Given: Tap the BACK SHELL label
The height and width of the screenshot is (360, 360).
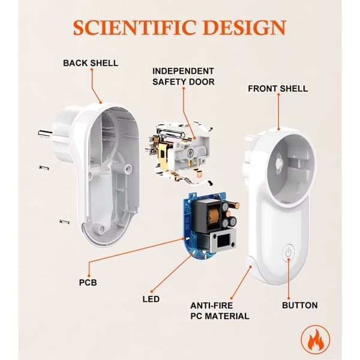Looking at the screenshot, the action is tap(91, 63).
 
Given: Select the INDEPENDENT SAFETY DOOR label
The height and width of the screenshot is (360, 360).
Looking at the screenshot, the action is tap(183, 76).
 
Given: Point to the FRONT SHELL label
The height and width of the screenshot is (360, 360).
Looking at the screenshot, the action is tap(278, 89).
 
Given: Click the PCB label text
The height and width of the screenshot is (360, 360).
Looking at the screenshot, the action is tap(88, 283).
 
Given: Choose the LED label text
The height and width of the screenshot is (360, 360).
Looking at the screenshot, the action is tap(151, 299).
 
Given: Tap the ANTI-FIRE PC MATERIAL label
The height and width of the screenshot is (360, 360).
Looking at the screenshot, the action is tap(220, 311).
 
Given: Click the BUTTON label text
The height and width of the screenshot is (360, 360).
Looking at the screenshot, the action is tap(300, 305).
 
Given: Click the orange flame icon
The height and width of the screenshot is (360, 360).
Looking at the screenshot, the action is tap(316, 340).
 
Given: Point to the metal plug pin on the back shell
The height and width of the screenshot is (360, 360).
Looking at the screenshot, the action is tap(46, 133).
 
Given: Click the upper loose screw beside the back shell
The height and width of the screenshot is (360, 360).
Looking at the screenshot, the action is tap(44, 167).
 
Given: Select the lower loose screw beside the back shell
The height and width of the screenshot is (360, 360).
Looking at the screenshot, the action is tap(65, 221).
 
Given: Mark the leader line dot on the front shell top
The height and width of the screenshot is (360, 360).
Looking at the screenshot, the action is tap(279, 130).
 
